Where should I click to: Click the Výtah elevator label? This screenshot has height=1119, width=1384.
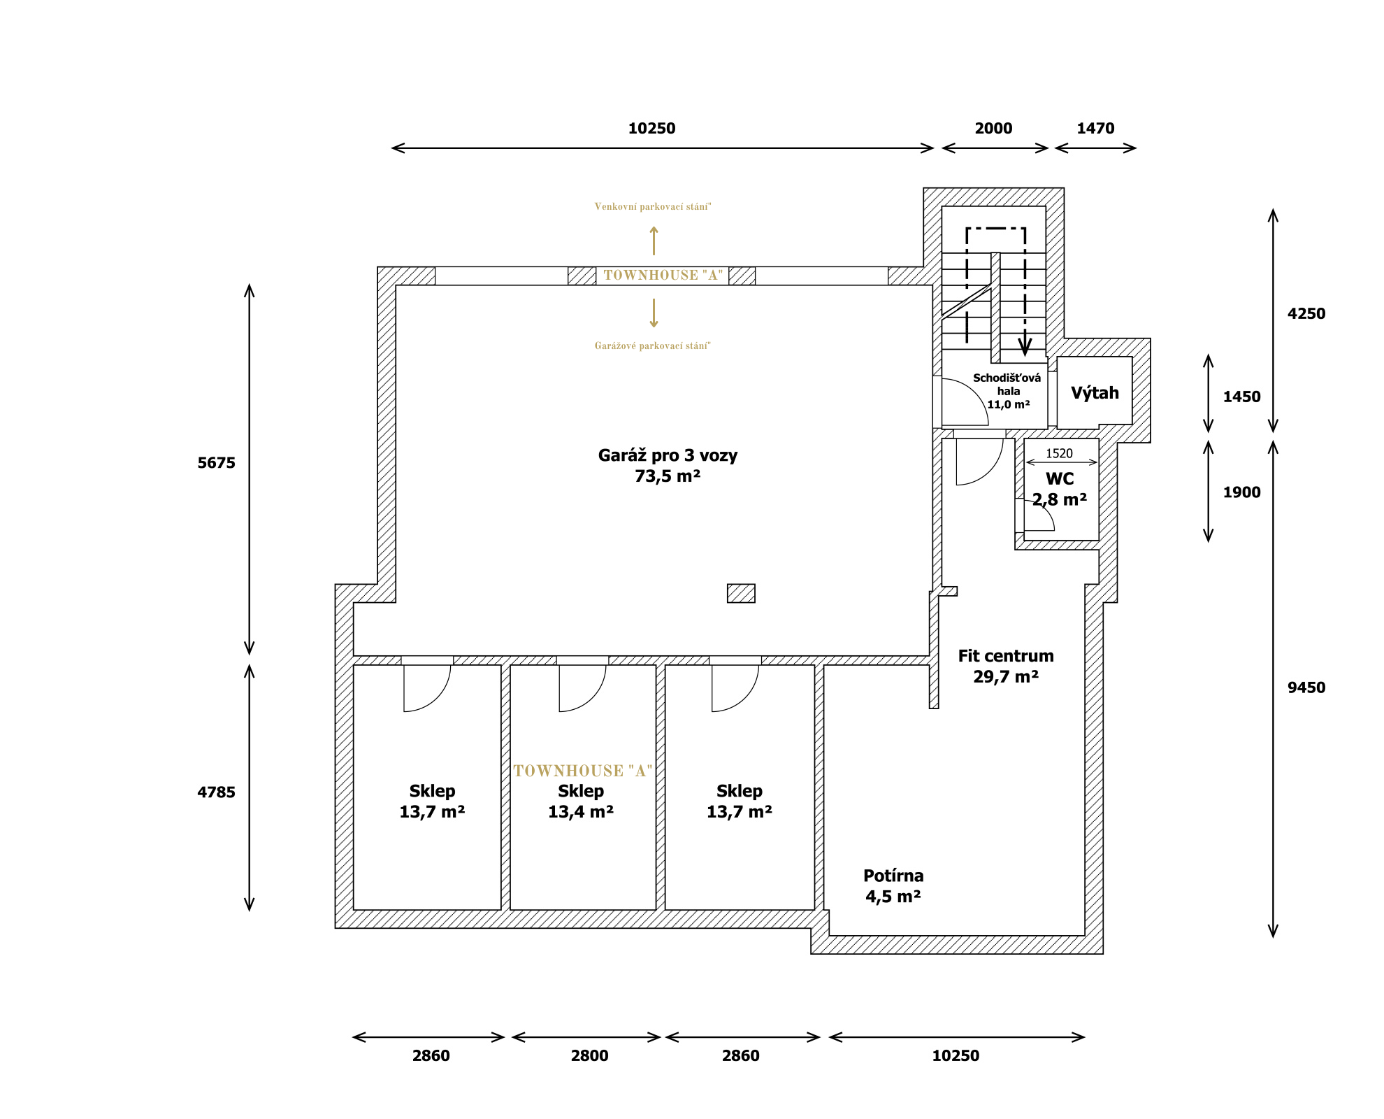click(x=1095, y=393)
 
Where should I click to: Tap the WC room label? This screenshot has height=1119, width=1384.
click(x=1060, y=479)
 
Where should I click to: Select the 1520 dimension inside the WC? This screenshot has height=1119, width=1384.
click(x=1059, y=453)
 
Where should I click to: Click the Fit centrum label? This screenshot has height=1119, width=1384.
click(x=1006, y=656)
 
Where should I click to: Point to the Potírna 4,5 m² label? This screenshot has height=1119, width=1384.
click(x=893, y=886)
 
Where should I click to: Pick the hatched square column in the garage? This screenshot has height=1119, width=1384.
click(x=741, y=593)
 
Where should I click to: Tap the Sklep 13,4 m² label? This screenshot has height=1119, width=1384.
click(x=581, y=801)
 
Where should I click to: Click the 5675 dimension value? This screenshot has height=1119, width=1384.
click(x=216, y=463)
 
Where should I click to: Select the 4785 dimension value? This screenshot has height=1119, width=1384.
click(x=216, y=792)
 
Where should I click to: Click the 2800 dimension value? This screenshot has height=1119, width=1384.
click(x=589, y=1056)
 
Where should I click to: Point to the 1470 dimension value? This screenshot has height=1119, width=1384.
click(x=1095, y=129)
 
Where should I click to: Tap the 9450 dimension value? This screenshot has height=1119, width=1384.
click(x=1306, y=687)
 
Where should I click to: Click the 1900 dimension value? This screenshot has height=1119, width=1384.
click(x=1241, y=492)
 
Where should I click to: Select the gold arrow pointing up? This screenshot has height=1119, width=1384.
click(x=654, y=241)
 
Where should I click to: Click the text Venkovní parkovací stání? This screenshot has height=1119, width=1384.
click(x=652, y=206)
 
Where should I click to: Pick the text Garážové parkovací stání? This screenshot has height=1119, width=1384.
click(x=652, y=345)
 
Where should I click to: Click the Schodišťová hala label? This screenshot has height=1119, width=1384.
click(x=1007, y=385)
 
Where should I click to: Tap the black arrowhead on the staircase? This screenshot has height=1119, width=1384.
click(x=1025, y=347)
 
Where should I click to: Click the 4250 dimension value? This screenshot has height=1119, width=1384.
click(x=1306, y=314)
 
